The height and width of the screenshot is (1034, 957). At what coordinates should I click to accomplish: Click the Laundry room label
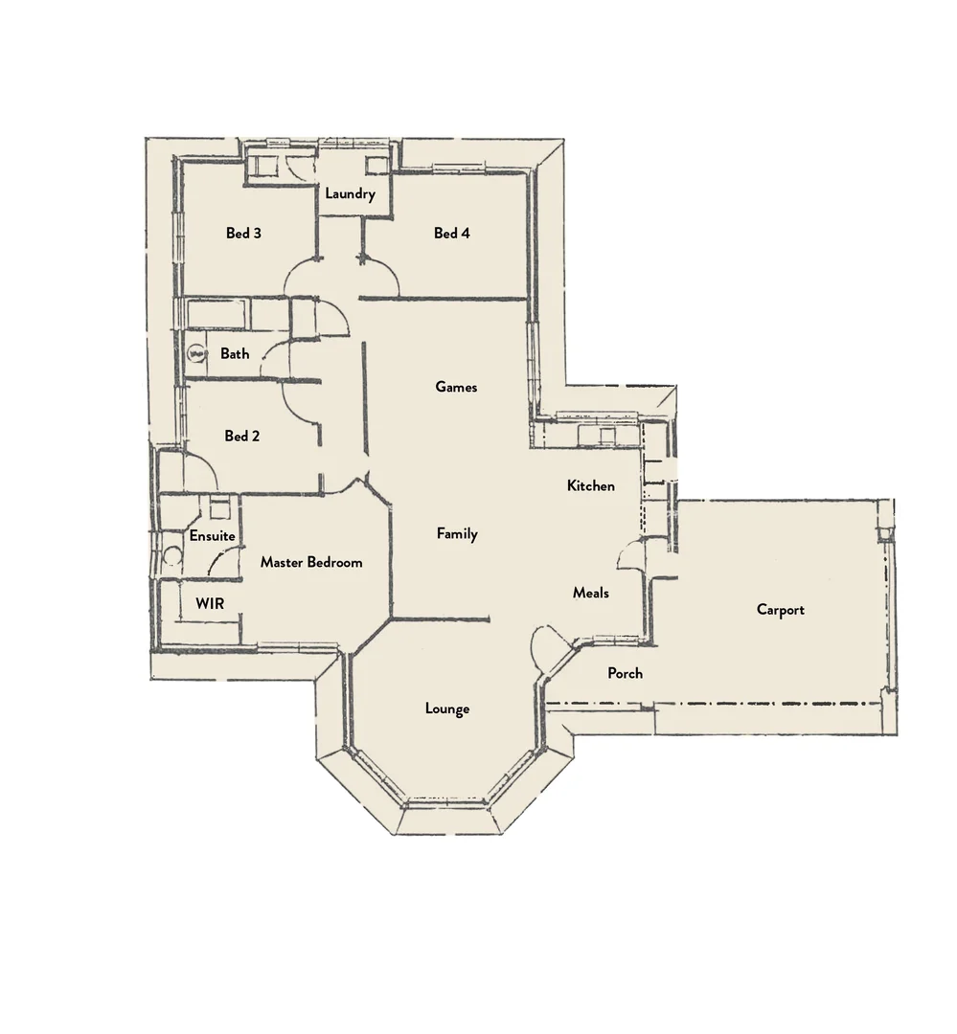[350, 194]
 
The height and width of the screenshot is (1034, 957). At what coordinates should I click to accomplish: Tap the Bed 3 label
[243, 233]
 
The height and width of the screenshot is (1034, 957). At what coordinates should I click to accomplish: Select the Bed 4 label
[451, 233]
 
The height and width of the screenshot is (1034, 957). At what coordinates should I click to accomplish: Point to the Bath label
[235, 353]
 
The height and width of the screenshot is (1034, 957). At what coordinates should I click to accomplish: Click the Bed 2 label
[242, 436]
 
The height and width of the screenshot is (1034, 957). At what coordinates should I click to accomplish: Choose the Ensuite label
[212, 536]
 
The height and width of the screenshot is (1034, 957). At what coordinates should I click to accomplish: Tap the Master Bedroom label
[311, 562]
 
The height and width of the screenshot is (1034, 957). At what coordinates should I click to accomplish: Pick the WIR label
[210, 604]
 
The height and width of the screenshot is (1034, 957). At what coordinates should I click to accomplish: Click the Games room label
[456, 387]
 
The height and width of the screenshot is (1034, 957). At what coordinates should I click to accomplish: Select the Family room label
[457, 533]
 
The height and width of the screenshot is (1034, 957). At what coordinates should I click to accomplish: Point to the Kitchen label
[591, 485]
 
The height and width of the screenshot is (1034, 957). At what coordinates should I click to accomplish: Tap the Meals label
[591, 593]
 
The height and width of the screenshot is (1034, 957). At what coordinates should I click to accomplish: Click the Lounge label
[447, 708]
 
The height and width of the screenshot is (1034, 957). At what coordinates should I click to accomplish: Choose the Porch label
[626, 673]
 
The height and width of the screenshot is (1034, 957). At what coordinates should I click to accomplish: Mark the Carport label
[781, 610]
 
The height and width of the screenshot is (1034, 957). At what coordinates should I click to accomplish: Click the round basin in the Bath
[197, 353]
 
